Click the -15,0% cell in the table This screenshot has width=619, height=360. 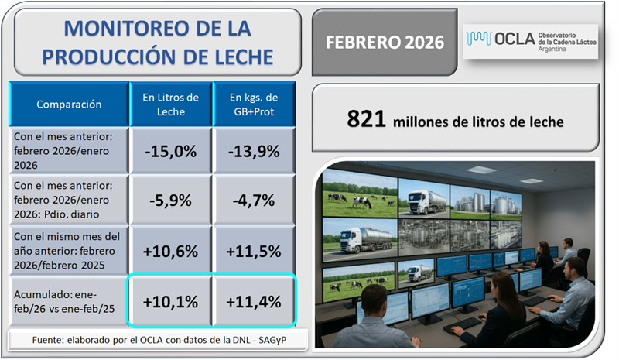coord(171,152)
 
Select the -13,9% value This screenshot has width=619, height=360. coord(255,152)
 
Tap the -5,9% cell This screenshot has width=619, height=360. coord(171,201)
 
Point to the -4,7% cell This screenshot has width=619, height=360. coord(255,201)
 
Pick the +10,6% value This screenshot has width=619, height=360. coord(171,251)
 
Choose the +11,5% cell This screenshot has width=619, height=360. coord(255,251)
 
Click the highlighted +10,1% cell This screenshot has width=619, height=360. coord(171,300)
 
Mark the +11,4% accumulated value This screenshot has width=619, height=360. coord(255,300)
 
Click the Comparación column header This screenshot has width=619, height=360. coord(69,103)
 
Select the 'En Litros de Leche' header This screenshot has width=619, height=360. coord(171,103)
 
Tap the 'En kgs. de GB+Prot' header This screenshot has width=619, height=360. coord(255,103)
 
